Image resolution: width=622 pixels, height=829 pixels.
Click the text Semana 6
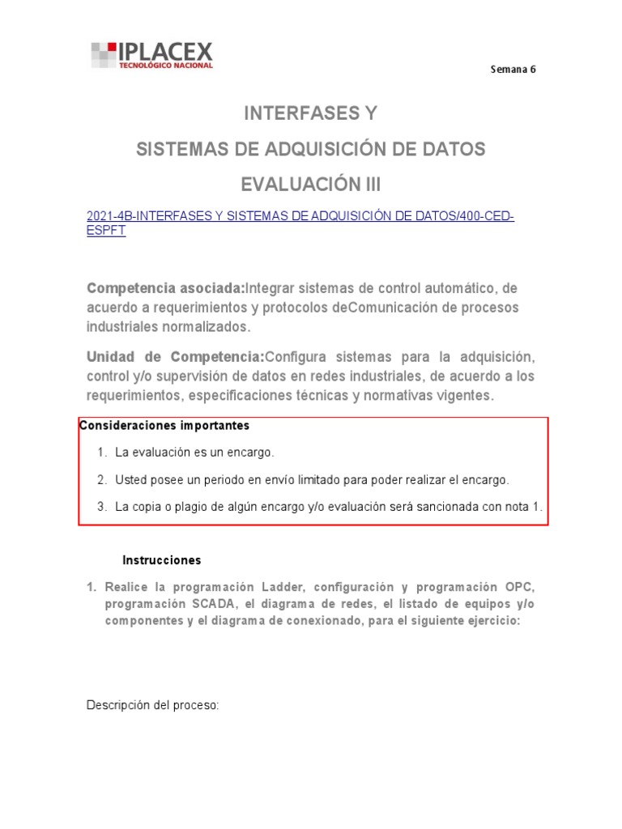click(x=513, y=69)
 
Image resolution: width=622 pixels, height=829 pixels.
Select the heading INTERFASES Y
click(x=311, y=114)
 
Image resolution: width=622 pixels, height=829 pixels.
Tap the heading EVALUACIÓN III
click(x=311, y=185)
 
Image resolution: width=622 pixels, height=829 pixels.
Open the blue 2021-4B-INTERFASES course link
click(x=300, y=216)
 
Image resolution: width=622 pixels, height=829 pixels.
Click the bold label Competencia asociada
click(x=165, y=288)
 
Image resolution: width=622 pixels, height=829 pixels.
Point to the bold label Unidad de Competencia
click(x=175, y=357)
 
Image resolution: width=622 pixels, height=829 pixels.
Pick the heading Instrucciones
click(x=161, y=560)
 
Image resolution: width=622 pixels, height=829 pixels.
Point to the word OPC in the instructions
click(x=519, y=587)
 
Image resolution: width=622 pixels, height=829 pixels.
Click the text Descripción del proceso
click(x=153, y=706)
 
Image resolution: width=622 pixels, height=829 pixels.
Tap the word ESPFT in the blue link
click(x=106, y=231)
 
